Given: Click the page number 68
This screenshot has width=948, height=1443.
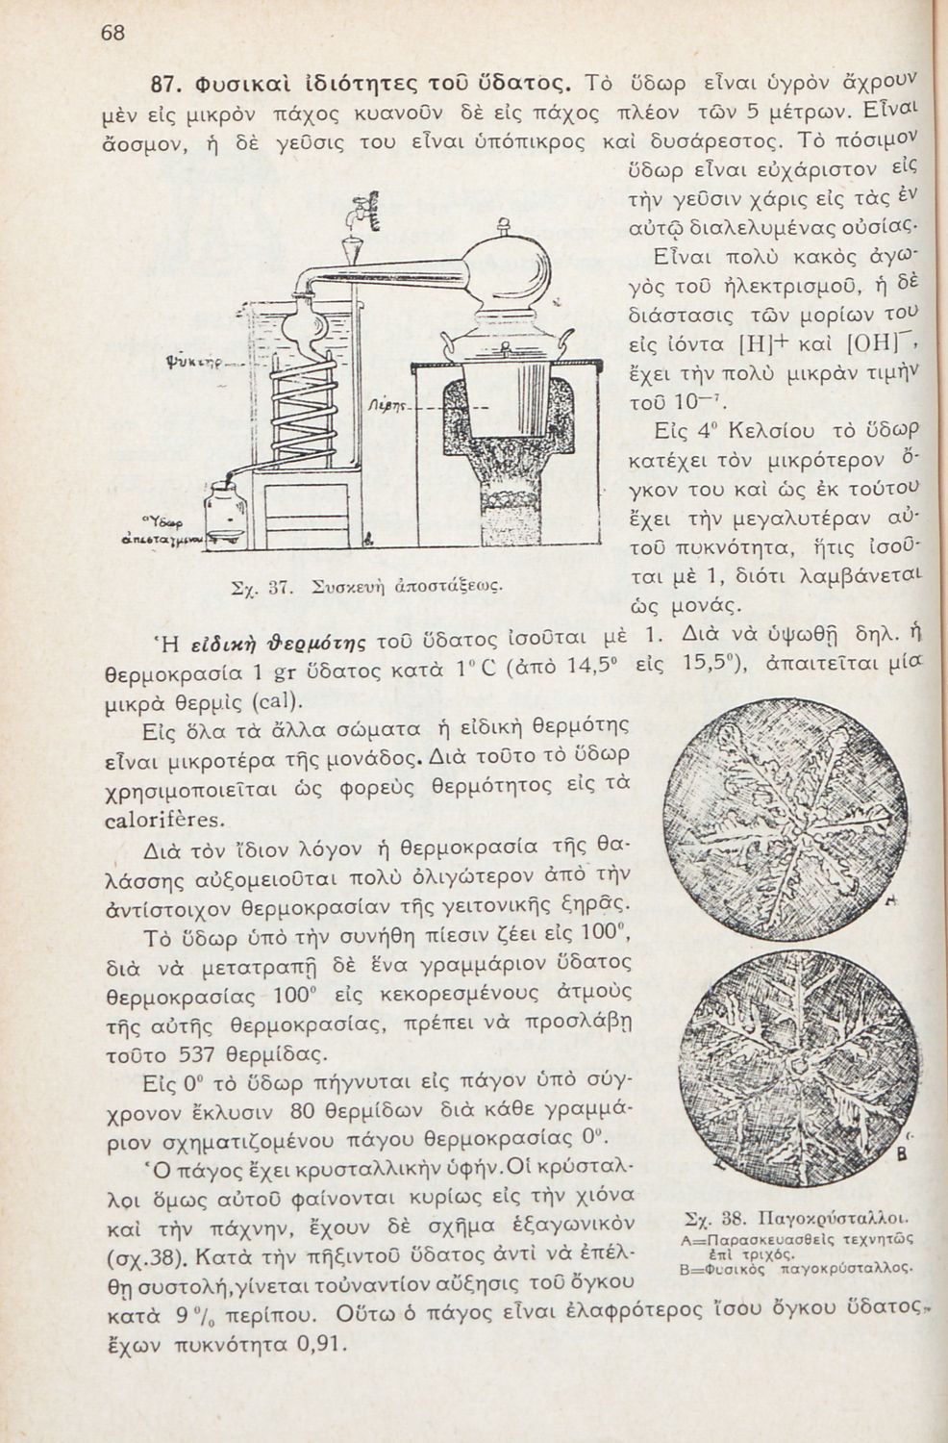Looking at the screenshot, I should (112, 32).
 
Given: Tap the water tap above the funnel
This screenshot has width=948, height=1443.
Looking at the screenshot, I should (364, 210).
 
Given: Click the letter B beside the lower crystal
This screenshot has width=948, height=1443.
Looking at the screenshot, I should (903, 1153).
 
